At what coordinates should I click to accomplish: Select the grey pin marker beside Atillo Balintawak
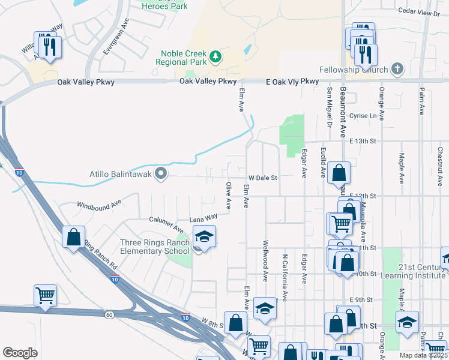[x=160, y=174]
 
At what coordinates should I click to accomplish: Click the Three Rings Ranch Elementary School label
[x=155, y=247]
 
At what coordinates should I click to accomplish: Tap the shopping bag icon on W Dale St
[x=339, y=173]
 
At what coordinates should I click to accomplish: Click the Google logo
[x=20, y=352]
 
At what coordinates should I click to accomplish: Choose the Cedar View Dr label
[x=423, y=11]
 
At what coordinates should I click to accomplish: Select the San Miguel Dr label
[x=329, y=108]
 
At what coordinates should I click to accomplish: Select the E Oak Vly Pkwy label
[x=292, y=82]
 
